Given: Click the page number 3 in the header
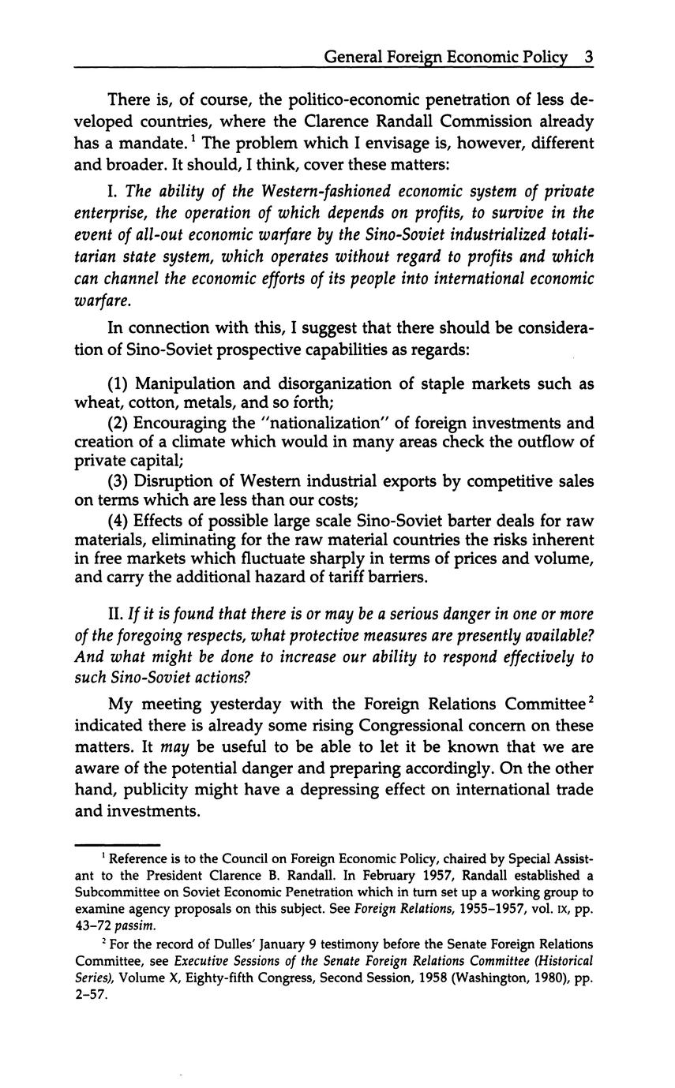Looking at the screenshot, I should pos(588,57).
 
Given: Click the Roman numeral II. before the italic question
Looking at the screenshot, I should pos(116,614).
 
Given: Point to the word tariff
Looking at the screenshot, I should pos(334,578).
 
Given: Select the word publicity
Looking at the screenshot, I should pos(146,790).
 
